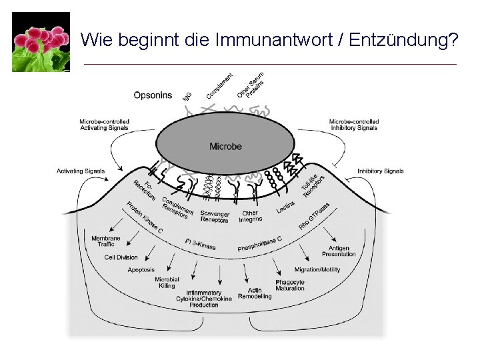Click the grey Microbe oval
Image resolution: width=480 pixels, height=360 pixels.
tap(225, 146)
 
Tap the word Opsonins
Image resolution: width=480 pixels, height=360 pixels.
tap(153, 95)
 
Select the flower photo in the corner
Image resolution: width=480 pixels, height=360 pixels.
tap(41, 41)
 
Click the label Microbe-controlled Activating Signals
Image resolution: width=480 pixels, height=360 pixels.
tap(104, 125)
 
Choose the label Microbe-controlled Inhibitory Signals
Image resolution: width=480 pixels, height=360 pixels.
tap(354, 125)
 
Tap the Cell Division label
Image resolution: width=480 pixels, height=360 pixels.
tap(121, 257)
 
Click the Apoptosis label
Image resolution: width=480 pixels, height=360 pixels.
tap(141, 270)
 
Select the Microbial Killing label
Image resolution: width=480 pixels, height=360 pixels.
tap(167, 283)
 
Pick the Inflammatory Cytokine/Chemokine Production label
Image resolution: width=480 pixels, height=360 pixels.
tap(203, 299)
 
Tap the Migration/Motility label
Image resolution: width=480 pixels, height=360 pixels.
tap(317, 270)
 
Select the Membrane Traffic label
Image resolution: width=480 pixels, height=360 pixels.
tap(105, 241)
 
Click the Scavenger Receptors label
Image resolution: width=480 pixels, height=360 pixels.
tap(215, 217)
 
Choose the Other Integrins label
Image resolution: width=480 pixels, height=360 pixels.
tap(250, 217)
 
